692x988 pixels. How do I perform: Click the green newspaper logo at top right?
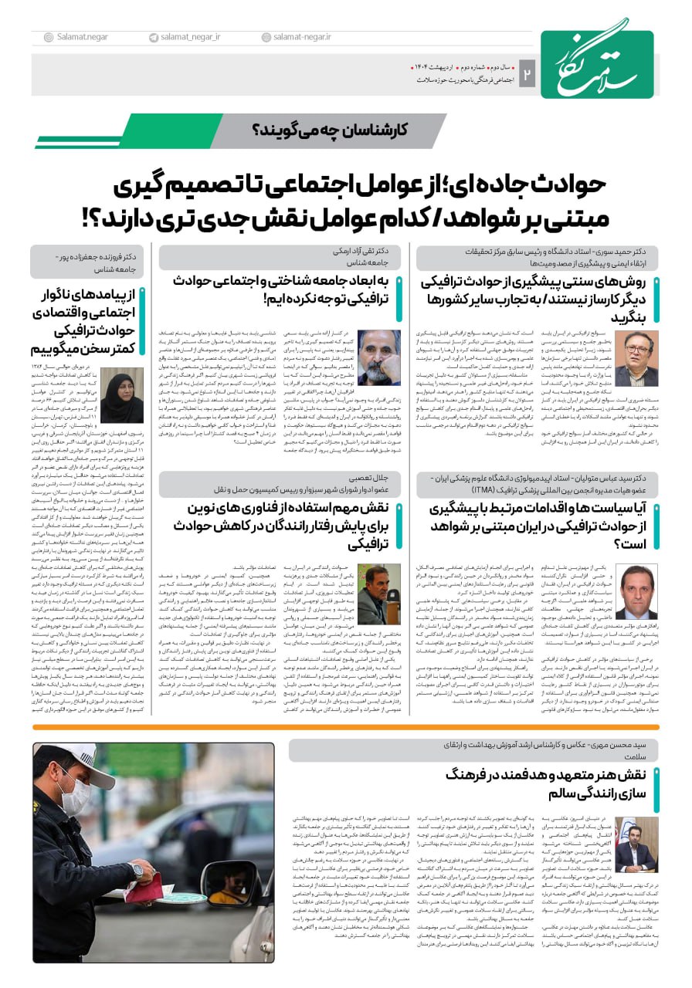(x=597, y=64)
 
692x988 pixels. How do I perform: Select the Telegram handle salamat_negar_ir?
(x=188, y=37)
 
